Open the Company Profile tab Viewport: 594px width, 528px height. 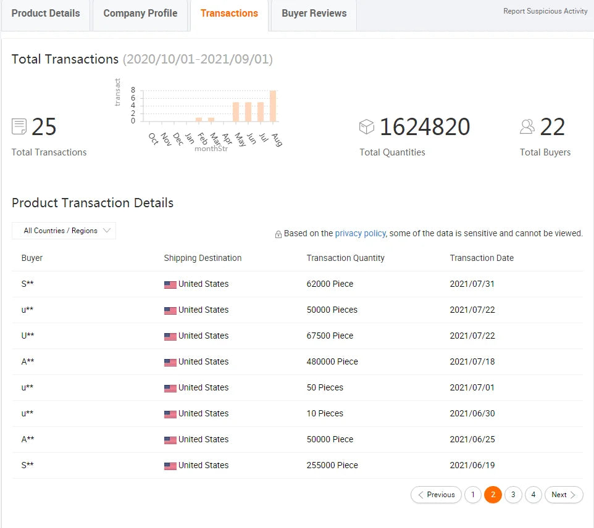(140, 14)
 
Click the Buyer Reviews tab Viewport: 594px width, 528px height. (314, 14)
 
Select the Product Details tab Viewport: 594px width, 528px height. (46, 14)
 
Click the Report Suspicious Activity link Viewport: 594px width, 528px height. (545, 11)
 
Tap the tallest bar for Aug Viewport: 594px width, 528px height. (273, 106)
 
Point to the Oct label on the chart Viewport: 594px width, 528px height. (154, 138)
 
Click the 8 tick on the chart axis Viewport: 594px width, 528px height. (133, 90)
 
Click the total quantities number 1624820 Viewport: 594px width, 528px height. (424, 127)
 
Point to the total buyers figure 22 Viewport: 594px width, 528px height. (552, 127)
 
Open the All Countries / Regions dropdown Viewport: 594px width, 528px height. (64, 231)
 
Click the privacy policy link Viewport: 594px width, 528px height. (360, 233)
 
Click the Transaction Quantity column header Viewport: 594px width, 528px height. (345, 258)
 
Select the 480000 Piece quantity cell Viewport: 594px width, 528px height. (332, 361)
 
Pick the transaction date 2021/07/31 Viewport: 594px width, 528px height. (472, 284)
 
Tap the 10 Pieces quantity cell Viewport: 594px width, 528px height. (325, 413)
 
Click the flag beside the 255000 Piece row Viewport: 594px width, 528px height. (170, 466)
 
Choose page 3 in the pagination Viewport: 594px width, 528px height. (513, 495)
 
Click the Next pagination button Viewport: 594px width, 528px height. (563, 495)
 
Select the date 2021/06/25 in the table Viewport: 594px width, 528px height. (472, 439)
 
